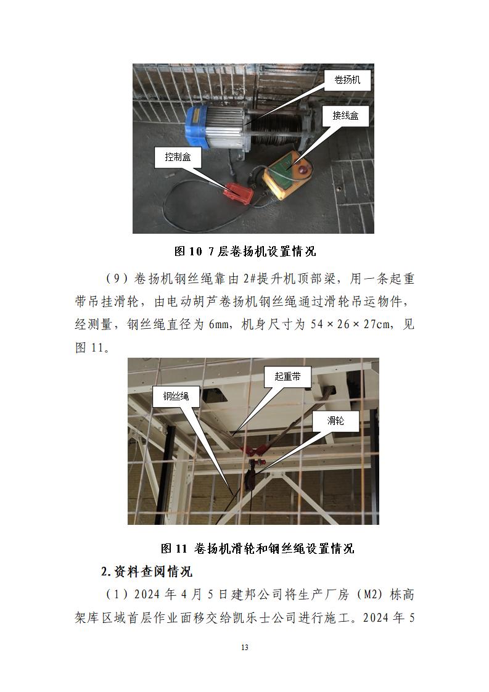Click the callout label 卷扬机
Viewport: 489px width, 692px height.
tap(343, 80)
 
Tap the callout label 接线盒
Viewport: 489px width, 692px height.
tap(345, 115)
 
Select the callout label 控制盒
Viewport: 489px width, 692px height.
tap(178, 157)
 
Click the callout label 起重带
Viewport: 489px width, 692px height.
tap(287, 376)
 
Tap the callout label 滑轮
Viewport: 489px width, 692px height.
tap(335, 421)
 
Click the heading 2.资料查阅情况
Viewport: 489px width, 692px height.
tap(147, 572)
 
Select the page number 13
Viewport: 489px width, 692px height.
tap(245, 648)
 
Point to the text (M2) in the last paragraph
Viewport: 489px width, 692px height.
tap(370, 595)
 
